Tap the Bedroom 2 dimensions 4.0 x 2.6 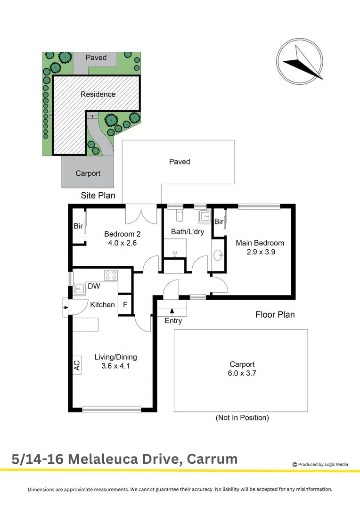[123, 243]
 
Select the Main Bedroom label [260, 243]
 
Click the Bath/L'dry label [187, 232]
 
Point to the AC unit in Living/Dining [77, 365]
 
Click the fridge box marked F [125, 304]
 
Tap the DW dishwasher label [94, 286]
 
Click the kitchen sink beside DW [79, 287]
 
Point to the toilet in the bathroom [179, 215]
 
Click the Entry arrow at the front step [172, 311]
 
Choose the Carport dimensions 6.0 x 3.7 [242, 373]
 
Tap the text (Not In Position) [242, 418]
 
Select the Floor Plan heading [275, 314]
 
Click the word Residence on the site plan [98, 94]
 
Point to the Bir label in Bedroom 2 [78, 227]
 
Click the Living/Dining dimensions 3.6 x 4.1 [115, 366]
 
